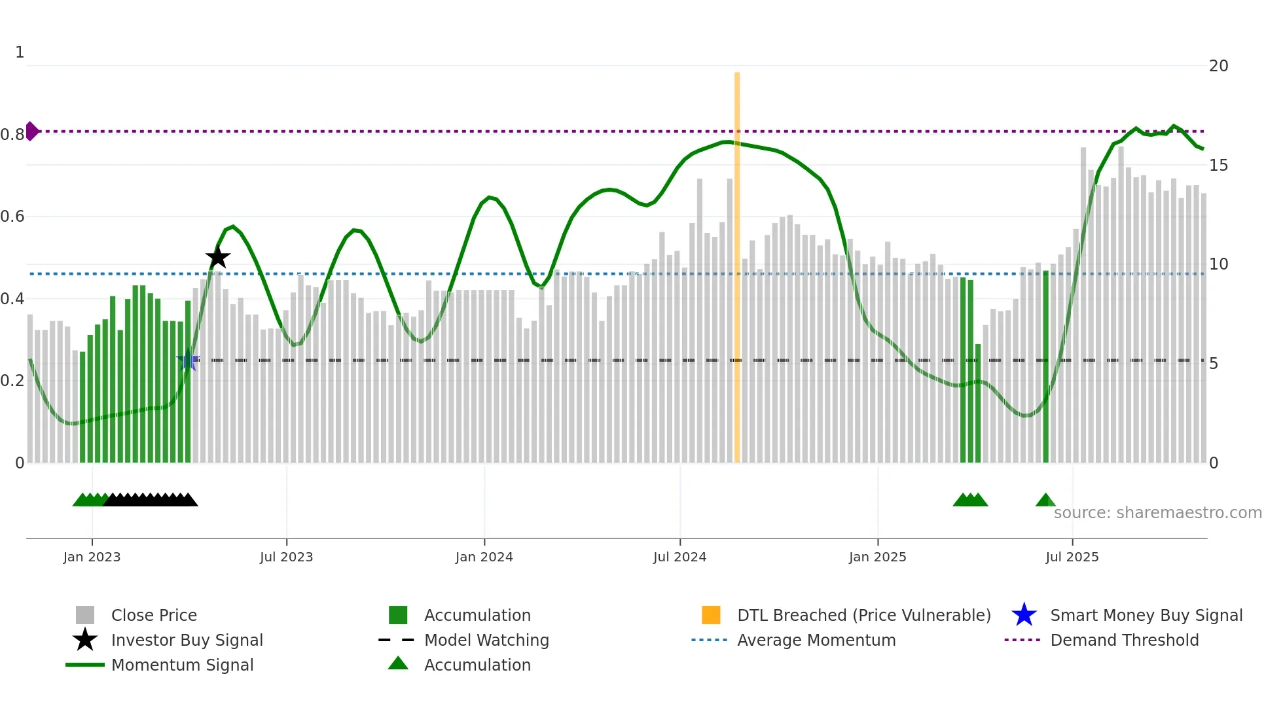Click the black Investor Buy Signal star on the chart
coord(218,258)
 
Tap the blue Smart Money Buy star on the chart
coord(188,360)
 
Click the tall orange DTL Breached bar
coord(737,268)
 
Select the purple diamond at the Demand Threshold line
coord(31,131)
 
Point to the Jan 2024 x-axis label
coord(484,557)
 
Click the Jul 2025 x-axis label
coord(1072,557)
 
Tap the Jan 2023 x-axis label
coord(92,557)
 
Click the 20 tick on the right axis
coord(1218,66)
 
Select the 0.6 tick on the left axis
coord(13,217)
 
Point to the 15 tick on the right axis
coord(1218,165)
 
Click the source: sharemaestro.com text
coord(1157,513)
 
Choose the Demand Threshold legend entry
coord(1124,640)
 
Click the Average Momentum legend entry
coord(816,640)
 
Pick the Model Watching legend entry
coord(486,640)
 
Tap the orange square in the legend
coord(711,615)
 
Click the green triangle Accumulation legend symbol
coord(398,663)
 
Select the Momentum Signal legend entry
coord(182,665)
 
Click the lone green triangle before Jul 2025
coord(1045,500)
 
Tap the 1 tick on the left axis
coord(20,52)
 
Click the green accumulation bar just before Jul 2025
coord(1045,366)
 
